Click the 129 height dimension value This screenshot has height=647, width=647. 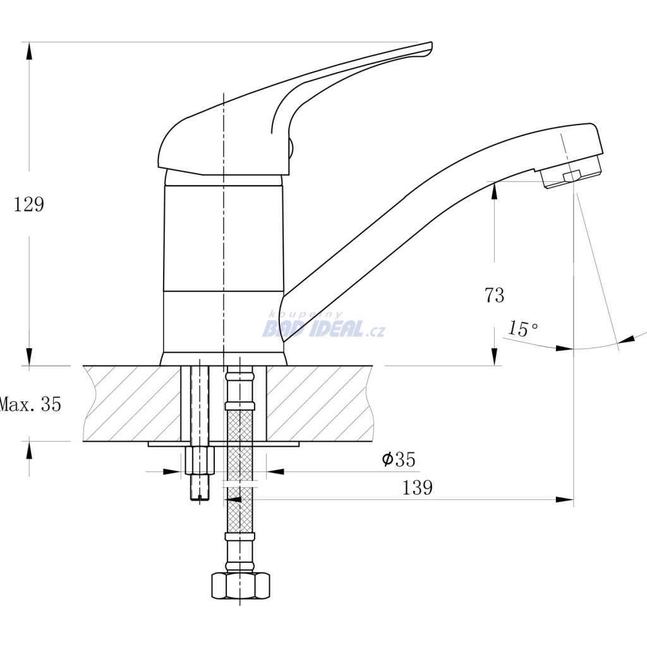click(29, 204)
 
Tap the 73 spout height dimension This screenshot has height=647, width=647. click(494, 296)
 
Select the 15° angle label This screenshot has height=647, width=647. click(523, 329)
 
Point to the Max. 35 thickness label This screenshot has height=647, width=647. click(30, 404)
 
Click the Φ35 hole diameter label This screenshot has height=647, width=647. click(399, 459)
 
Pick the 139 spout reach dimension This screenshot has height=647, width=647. click(417, 487)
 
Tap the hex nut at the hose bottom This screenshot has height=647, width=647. click(241, 585)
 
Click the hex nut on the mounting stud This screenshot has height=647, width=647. click(200, 460)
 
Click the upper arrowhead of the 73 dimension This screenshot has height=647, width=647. click(495, 191)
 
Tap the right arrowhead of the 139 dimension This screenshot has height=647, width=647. click(564, 500)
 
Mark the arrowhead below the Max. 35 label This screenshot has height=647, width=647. click(29, 450)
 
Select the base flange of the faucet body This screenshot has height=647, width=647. click(223, 359)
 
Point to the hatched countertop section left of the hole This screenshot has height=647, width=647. click(132, 404)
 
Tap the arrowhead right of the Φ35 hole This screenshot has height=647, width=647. click(275, 471)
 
